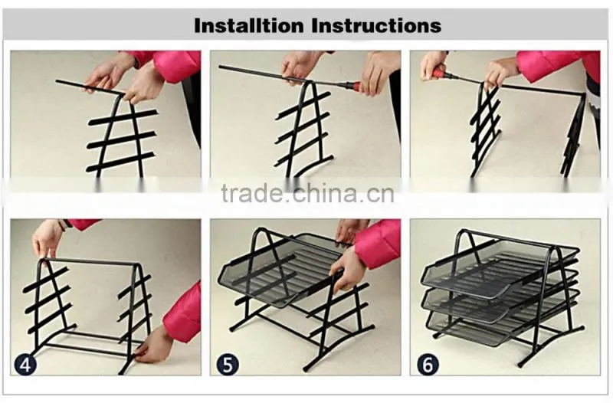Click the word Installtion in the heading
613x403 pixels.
[x=248, y=26]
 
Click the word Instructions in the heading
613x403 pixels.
[x=376, y=26]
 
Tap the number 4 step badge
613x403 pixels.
[x=25, y=365]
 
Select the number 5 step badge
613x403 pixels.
[x=227, y=365]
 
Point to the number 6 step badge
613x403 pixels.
[x=428, y=365]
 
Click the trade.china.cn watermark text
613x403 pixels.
[x=308, y=194]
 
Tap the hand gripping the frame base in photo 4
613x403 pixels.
[x=155, y=347]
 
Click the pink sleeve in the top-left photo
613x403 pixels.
[x=168, y=64]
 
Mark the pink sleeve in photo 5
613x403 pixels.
[x=377, y=242]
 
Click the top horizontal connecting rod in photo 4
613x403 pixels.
[x=90, y=261]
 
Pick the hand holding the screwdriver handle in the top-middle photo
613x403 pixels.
[x=379, y=74]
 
